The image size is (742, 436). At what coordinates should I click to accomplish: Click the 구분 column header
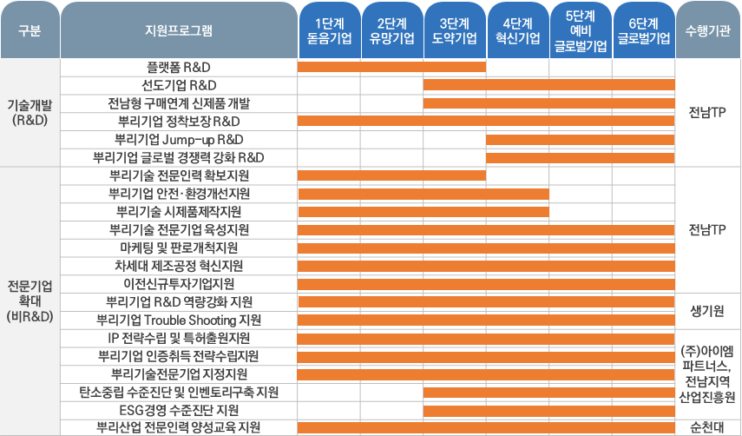29,30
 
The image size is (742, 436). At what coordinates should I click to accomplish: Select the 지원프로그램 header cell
179,30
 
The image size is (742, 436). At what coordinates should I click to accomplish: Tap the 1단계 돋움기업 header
329,30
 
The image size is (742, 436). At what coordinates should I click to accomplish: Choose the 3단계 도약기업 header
455,30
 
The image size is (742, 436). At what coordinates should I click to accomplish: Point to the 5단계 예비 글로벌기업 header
581,30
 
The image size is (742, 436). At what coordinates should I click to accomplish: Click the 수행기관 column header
707,30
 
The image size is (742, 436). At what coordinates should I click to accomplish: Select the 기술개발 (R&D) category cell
30,112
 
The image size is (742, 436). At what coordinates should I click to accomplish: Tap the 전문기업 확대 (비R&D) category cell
30,301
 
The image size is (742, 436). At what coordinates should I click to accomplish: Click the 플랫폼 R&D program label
179,67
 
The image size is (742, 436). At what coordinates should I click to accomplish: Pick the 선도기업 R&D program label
179,85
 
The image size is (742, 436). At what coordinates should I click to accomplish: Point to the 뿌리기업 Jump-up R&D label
179,139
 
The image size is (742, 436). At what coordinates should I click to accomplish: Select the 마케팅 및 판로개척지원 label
179,248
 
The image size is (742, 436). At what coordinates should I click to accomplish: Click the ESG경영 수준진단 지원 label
179,409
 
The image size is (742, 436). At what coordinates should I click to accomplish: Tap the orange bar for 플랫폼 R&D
391,67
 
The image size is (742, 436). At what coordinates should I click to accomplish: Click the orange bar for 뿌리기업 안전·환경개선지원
423,194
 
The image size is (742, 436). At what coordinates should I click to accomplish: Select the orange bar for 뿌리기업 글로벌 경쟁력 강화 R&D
580,157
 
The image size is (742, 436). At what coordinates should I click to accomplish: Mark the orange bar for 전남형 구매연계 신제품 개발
548,103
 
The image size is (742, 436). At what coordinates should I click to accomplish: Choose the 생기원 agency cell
707,311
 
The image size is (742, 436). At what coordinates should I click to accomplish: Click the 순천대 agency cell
707,426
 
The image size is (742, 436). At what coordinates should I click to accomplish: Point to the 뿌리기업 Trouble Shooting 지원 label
179,320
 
